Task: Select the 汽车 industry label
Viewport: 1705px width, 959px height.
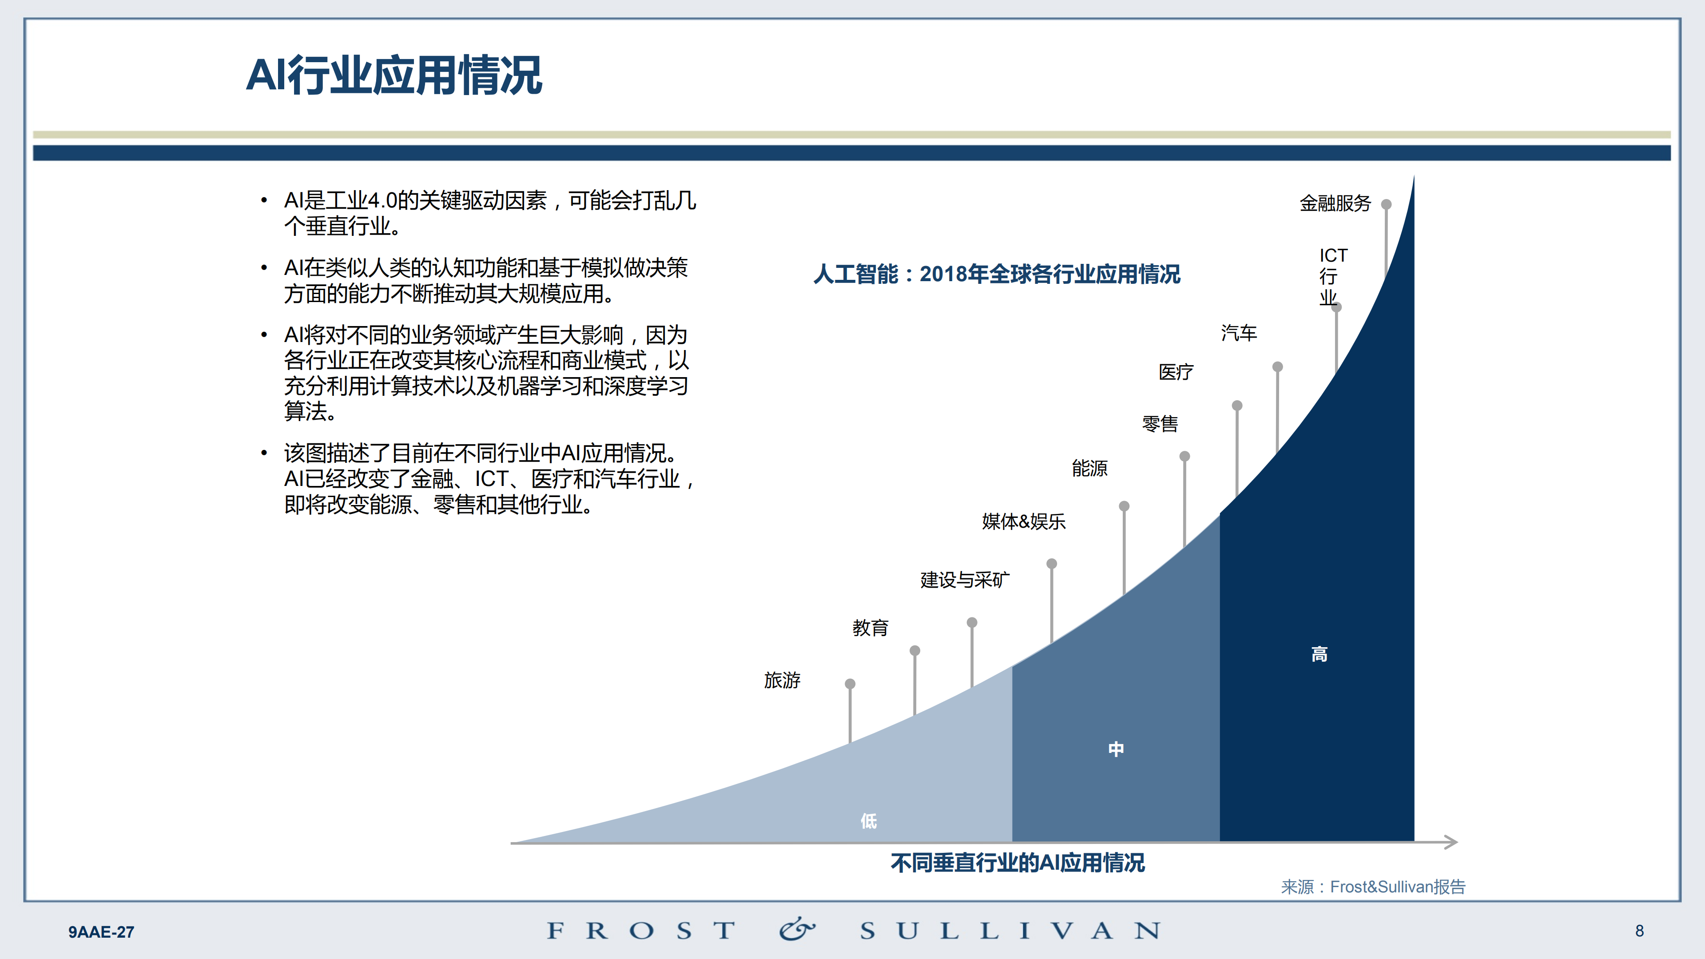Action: click(1238, 333)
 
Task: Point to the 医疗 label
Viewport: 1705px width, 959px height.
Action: click(1176, 372)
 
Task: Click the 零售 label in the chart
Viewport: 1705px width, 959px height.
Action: click(1160, 424)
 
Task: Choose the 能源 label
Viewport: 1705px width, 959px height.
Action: click(1089, 469)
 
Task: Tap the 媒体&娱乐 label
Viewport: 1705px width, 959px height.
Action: click(1023, 521)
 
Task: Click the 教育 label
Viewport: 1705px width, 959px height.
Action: click(870, 628)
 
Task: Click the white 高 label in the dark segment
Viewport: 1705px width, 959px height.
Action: click(1319, 655)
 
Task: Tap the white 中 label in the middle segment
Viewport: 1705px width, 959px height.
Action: click(1116, 749)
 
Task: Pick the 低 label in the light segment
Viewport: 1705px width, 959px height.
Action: click(868, 821)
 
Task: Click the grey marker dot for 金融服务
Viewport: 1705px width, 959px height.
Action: click(1386, 204)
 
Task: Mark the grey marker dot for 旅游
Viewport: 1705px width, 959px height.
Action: click(850, 684)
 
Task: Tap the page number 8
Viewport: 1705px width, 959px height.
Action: click(1639, 931)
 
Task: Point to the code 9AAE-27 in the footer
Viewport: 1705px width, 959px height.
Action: click(101, 932)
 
